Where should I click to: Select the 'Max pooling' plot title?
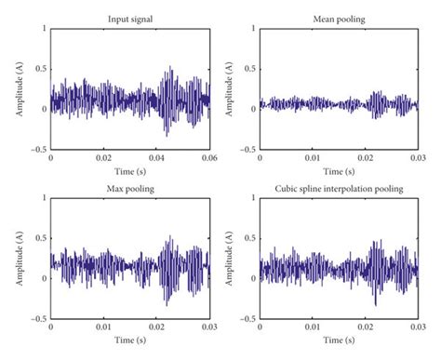coord(130,189)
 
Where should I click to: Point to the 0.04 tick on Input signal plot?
coord(157,158)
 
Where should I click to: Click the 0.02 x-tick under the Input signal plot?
coord(104,158)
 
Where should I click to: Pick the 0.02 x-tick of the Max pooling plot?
coord(157,328)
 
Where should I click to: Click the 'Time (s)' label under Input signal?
coord(130,169)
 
